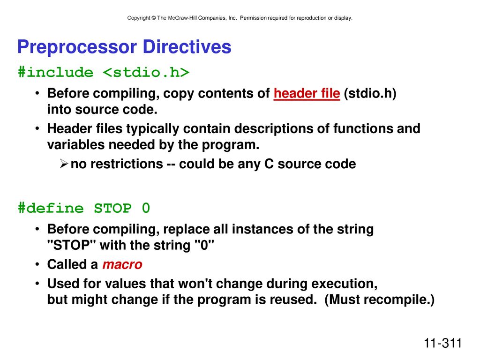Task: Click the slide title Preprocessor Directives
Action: (x=124, y=47)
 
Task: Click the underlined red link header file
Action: (x=307, y=94)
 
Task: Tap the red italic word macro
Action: (x=122, y=264)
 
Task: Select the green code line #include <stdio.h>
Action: (x=104, y=73)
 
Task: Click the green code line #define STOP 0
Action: (x=84, y=209)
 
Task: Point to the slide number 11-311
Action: (x=442, y=343)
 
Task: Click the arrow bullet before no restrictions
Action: (x=64, y=164)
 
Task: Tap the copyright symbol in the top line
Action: (x=154, y=18)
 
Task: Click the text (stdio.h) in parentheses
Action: (x=370, y=94)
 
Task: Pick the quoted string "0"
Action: (x=204, y=245)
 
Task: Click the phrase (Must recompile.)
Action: (x=380, y=300)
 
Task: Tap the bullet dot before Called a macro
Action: (x=37, y=264)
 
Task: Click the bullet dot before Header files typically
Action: (x=37, y=128)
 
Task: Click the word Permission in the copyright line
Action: (x=253, y=18)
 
